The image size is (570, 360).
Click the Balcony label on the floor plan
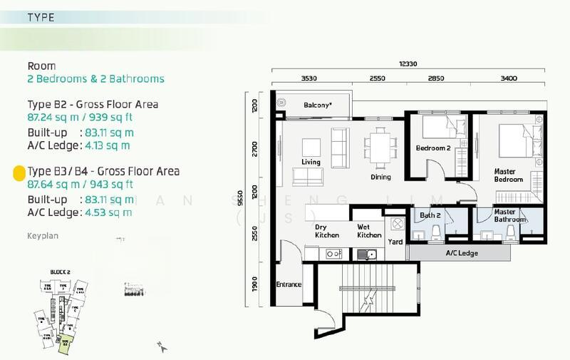coord(317,105)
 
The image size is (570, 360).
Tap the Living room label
coord(311,163)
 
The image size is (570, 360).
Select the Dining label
coord(381,177)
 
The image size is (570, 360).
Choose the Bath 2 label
coord(430,215)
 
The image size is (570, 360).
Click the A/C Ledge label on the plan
coord(462,252)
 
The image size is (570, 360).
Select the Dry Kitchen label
coord(326,231)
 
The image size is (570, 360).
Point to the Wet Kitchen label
coord(368,231)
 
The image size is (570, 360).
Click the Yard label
coord(395,242)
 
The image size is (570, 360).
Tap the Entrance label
coord(289,284)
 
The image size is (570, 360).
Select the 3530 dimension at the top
coord(309,77)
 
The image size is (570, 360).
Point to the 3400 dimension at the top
coord(509,77)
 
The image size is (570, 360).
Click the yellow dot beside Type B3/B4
coord(19,172)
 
